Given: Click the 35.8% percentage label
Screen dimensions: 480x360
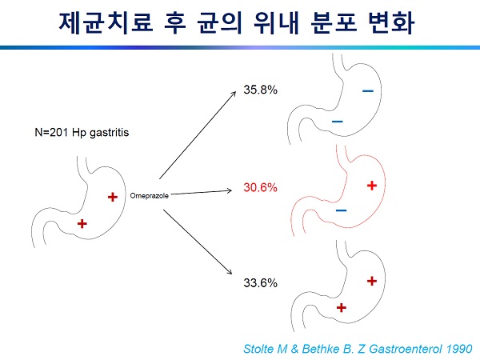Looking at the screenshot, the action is (x=260, y=90).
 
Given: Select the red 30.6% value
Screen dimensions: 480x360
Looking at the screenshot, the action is (x=260, y=187).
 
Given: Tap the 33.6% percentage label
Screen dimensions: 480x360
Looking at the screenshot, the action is (x=260, y=282).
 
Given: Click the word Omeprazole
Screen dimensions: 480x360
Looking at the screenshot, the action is (x=150, y=196).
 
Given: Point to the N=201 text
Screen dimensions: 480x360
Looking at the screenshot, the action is (x=51, y=132).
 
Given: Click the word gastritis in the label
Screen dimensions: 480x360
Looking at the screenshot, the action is (x=110, y=133).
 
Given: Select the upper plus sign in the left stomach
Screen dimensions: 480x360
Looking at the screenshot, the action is (x=113, y=197).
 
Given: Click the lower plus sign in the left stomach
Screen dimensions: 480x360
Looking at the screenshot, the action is (x=82, y=224).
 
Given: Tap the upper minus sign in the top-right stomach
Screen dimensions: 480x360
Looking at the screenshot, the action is (x=368, y=90).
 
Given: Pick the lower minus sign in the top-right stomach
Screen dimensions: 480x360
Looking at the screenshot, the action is (x=338, y=122).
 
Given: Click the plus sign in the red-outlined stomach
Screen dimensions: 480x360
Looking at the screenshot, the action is (x=372, y=186).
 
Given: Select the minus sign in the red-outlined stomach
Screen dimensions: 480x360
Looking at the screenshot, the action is (x=342, y=210).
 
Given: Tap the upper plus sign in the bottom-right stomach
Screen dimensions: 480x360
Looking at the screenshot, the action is (x=372, y=281).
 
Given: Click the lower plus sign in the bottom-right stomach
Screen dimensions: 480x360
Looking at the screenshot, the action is (x=342, y=308).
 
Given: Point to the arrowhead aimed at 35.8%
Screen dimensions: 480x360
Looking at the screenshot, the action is (x=234, y=94).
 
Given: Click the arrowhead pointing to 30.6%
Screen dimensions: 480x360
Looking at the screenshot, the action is (x=229, y=190).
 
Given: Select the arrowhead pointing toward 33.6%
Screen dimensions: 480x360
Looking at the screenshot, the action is (x=230, y=271).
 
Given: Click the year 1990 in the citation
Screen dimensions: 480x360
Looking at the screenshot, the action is (x=459, y=349).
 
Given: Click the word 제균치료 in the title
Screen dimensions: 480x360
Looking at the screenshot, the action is (x=106, y=22).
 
